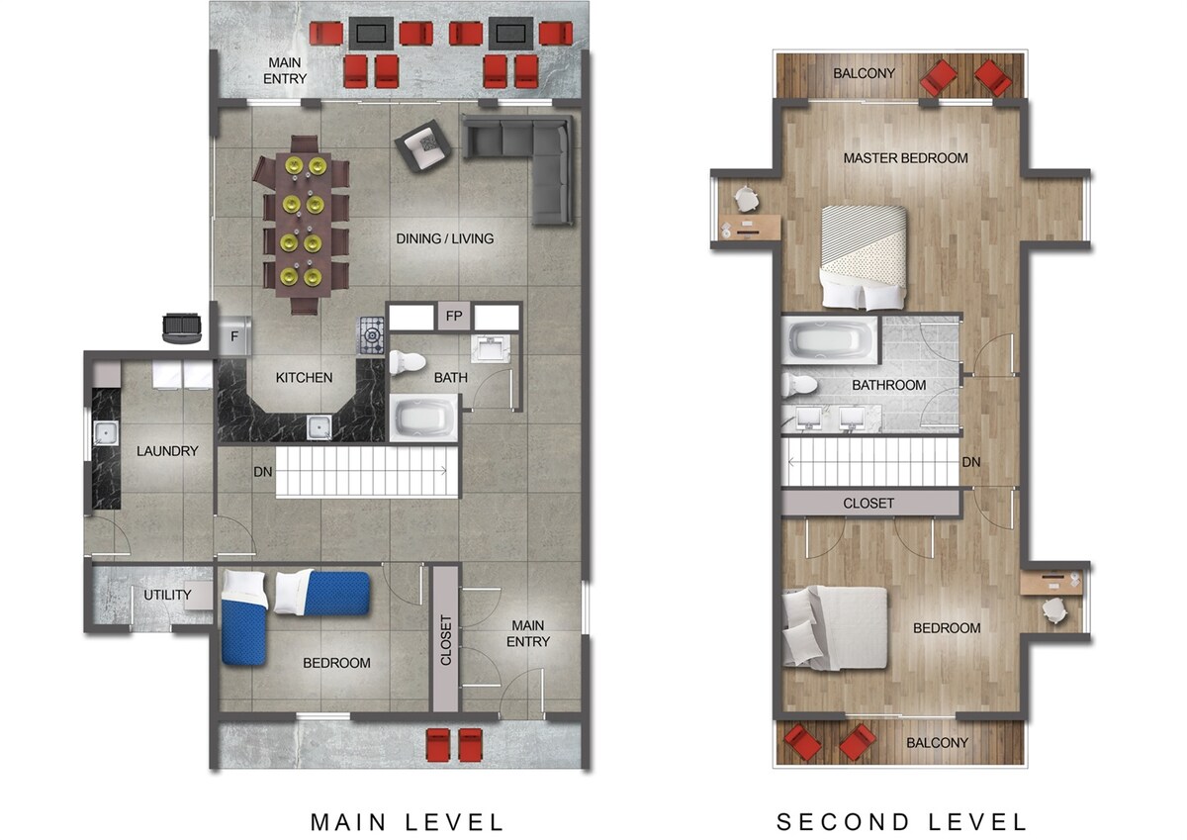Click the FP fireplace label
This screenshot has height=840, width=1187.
454,317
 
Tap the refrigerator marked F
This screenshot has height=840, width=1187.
234,335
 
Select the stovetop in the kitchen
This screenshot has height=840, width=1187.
370,335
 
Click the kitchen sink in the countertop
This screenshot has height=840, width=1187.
319,427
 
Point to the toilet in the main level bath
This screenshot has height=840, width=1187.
407,362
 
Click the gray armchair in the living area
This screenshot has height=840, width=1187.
422,145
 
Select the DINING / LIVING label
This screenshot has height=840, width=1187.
444,239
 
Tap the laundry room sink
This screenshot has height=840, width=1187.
106,433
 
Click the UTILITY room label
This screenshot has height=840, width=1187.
167,595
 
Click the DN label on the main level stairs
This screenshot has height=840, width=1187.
263,472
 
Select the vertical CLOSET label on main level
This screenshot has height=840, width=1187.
446,640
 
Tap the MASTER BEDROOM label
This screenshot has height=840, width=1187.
905,158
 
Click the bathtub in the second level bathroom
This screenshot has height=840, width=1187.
829,340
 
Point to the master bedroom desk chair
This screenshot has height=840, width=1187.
746,199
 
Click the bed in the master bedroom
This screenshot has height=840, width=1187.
864,257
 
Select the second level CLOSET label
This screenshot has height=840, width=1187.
868,503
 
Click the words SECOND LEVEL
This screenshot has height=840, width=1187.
901,822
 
